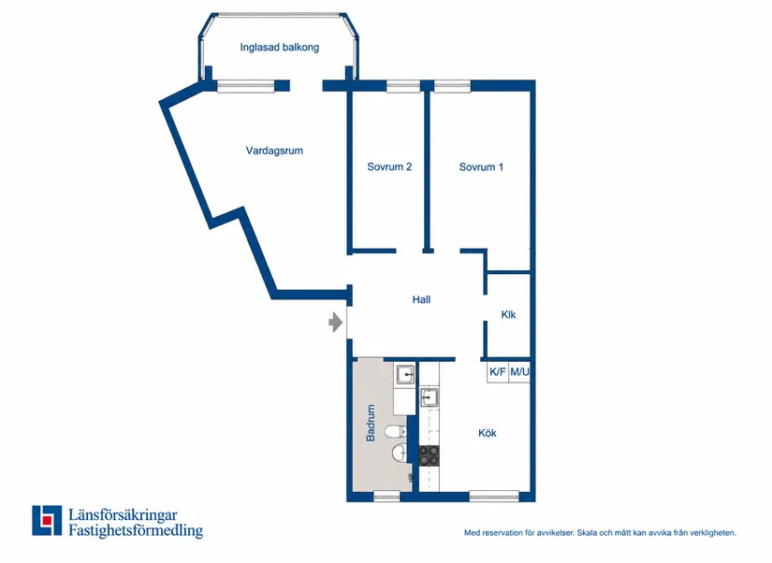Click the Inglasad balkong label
[x=279, y=48]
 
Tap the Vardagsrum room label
[x=274, y=151]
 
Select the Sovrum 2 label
[x=389, y=166]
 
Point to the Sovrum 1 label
[x=481, y=166]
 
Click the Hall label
[x=421, y=299]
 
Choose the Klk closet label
[x=508, y=314]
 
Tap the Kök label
[x=487, y=433]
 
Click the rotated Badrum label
[x=371, y=423]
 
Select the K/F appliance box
[x=497, y=371]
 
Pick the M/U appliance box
[x=519, y=371]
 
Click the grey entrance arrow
[x=336, y=323]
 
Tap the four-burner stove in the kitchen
[x=429, y=455]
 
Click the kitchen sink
[x=429, y=397]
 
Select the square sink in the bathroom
[x=405, y=375]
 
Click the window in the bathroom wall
[x=386, y=496]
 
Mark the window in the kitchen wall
[x=494, y=496]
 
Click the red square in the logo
[x=48, y=520]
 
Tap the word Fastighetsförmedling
[x=136, y=530]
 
